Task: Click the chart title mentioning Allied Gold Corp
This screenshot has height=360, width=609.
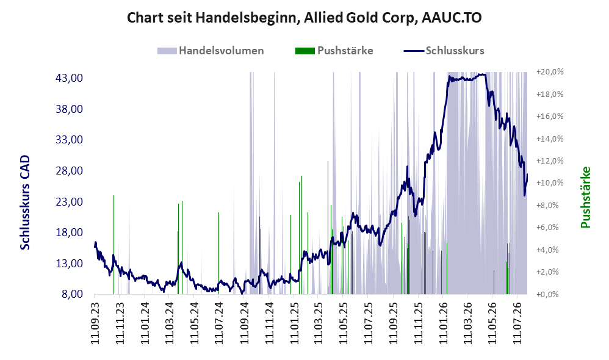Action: click(x=304, y=18)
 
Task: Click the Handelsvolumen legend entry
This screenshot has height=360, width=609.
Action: click(x=211, y=51)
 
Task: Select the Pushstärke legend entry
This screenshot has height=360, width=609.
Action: click(x=334, y=51)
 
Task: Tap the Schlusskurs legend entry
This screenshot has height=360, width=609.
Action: click(x=444, y=51)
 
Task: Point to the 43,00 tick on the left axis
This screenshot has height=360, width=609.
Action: click(x=69, y=78)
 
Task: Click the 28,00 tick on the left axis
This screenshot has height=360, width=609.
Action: click(x=69, y=170)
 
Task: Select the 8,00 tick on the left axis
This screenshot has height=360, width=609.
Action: click(x=72, y=294)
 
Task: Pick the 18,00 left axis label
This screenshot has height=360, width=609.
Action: click(x=69, y=232)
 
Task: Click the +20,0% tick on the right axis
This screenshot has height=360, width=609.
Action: click(x=550, y=72)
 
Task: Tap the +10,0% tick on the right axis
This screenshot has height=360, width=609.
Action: click(x=550, y=183)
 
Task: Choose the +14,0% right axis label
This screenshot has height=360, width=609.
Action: click(x=550, y=139)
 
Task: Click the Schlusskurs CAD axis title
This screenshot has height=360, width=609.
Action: click(x=25, y=203)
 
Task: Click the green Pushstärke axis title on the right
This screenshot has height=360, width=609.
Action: click(x=585, y=197)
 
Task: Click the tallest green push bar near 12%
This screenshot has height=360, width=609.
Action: click(x=328, y=228)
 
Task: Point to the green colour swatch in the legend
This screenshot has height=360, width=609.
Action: click(x=305, y=51)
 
